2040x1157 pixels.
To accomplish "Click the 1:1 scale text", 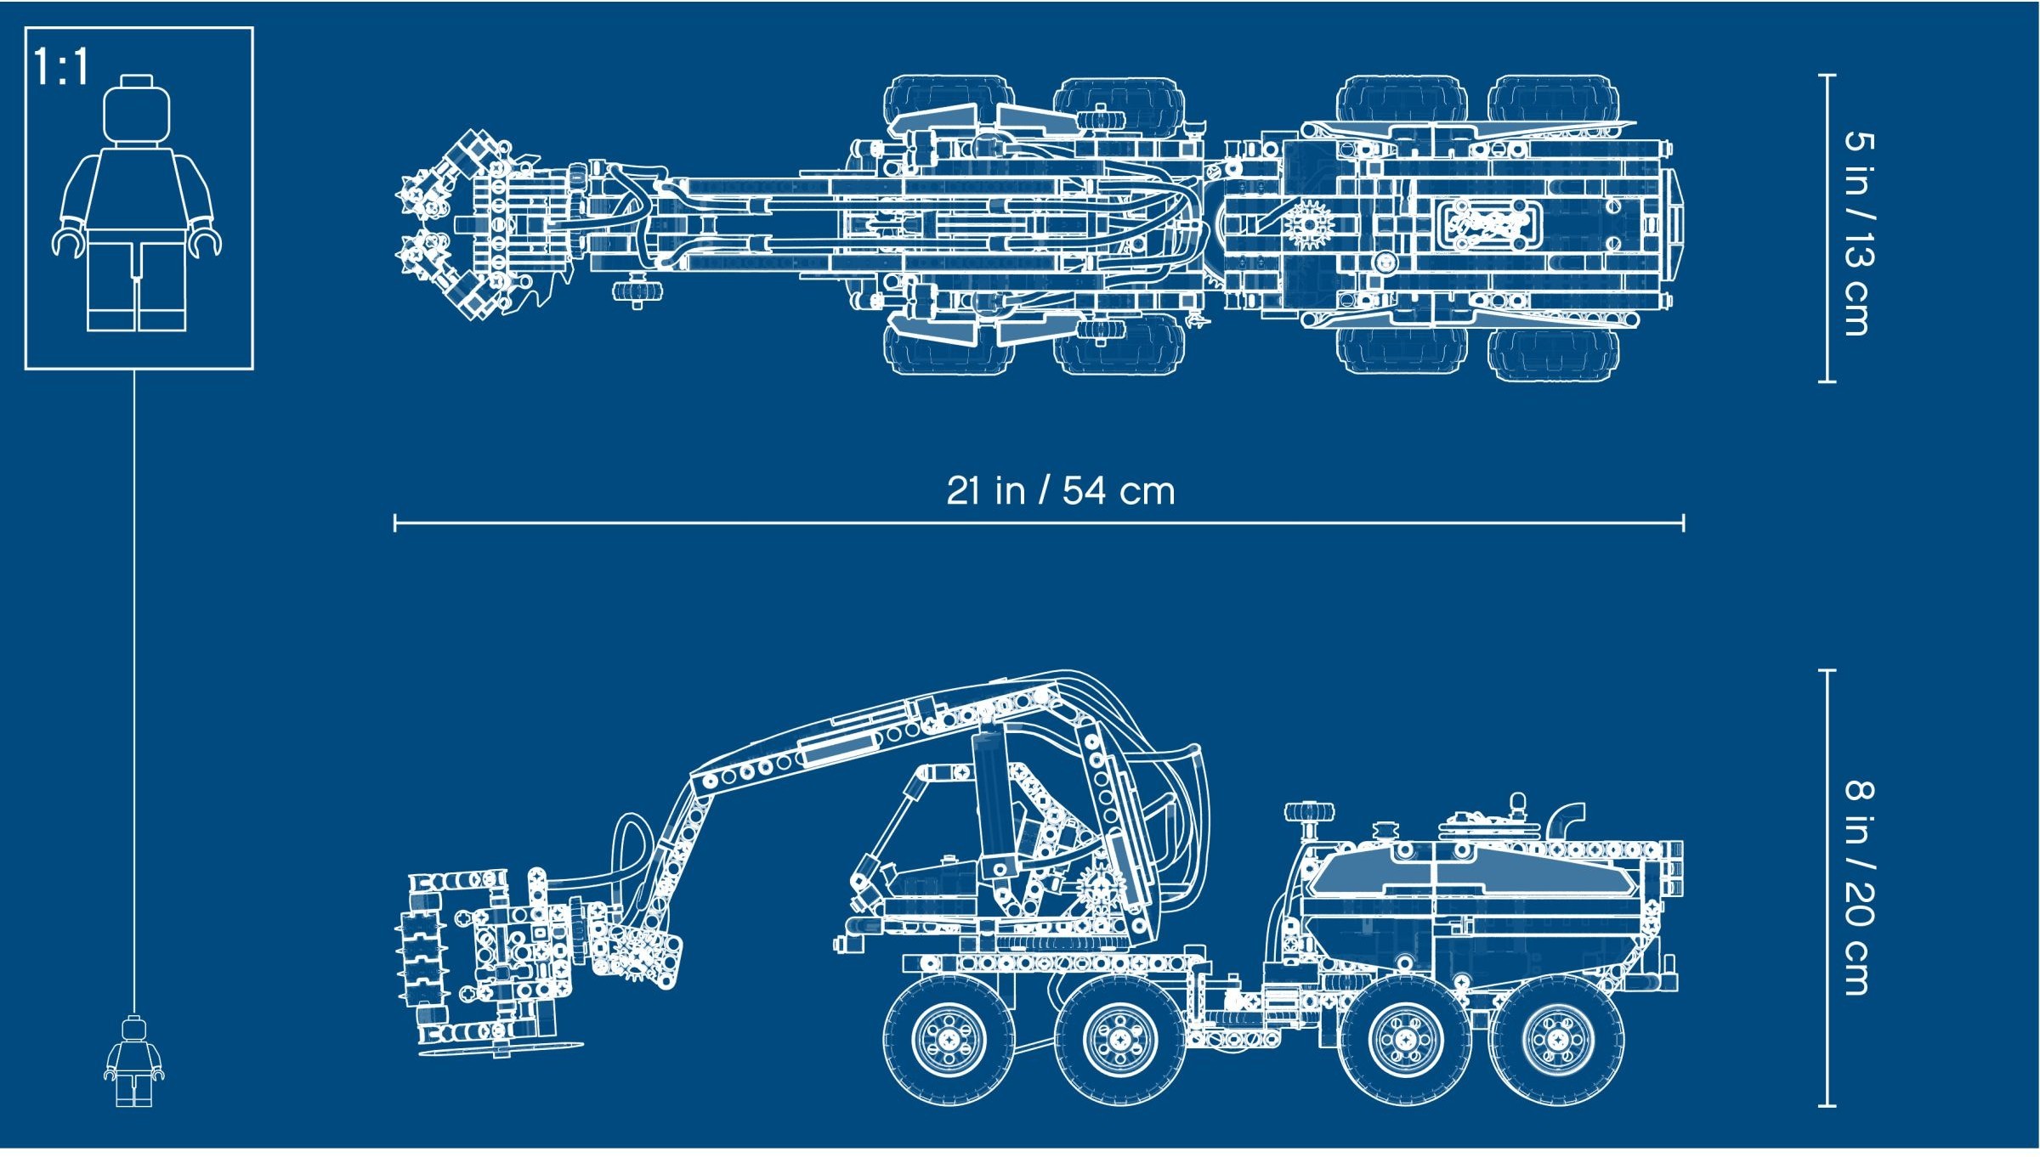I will coord(60,67).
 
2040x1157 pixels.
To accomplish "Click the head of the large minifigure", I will coord(136,111).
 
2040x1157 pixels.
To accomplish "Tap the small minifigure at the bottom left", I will coord(133,1063).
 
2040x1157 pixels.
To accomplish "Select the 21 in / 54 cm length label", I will coord(1060,491).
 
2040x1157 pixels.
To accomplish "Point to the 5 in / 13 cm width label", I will coord(1856,234).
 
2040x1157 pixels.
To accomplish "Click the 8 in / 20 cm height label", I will coord(1856,888).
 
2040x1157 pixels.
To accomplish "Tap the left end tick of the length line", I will coord(395,522).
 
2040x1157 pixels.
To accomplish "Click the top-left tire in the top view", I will coord(948,102).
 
